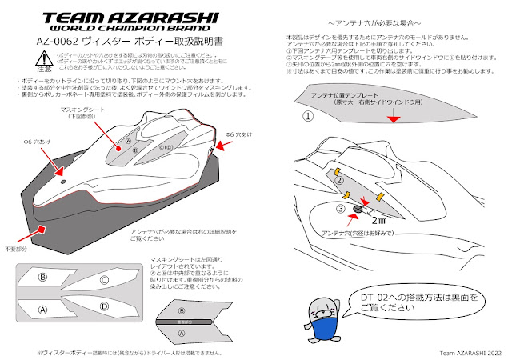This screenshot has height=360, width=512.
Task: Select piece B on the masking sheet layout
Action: tap(43, 276)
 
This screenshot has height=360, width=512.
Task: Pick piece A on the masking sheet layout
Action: tap(43, 309)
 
